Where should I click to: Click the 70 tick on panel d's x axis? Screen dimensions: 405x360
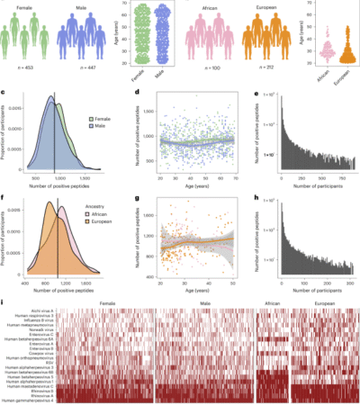coord(237,183)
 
